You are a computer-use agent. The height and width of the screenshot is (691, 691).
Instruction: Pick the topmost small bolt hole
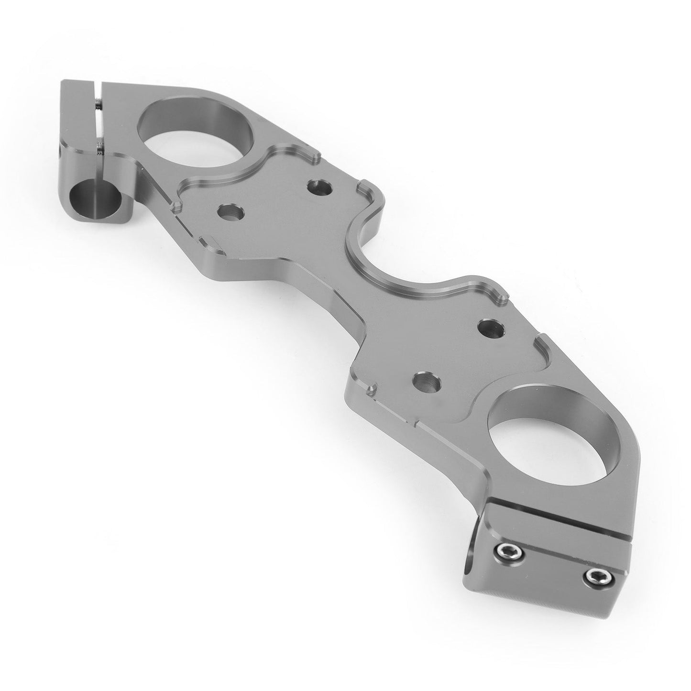[x=320, y=186]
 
